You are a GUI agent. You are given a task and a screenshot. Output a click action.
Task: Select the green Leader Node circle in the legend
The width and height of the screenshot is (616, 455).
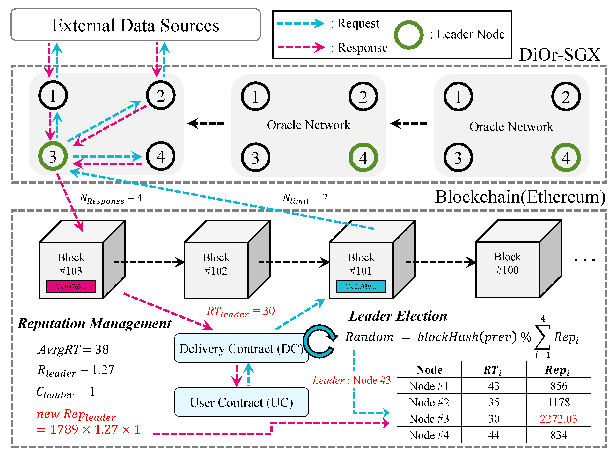408,35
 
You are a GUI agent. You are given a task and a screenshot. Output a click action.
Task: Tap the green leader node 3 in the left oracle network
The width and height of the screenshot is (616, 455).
53,156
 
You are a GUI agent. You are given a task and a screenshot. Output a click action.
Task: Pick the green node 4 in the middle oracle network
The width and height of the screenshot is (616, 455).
363,157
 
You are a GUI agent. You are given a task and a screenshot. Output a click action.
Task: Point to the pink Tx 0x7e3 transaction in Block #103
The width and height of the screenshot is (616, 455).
71,286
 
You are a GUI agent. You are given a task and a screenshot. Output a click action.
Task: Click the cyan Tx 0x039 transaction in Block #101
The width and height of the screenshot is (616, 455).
361,286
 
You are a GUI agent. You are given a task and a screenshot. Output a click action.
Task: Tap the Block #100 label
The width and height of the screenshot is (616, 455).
507,263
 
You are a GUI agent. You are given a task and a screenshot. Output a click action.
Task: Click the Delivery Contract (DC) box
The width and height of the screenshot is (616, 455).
241,348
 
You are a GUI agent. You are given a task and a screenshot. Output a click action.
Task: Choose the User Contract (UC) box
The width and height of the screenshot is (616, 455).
241,402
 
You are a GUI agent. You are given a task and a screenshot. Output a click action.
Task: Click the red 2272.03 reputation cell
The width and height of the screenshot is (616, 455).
559,419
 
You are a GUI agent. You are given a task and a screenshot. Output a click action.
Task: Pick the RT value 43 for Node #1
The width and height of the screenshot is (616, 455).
494,386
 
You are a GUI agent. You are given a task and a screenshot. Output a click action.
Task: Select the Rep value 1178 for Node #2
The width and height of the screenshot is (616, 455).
559,402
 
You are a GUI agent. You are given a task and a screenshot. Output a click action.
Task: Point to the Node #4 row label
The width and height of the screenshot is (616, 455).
429,435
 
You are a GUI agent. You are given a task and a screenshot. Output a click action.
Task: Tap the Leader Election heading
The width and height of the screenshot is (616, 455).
398,316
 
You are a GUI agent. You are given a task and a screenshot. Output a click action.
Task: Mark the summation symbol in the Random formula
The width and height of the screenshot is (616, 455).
542,337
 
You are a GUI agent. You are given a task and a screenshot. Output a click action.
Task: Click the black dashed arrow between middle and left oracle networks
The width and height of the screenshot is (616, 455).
206,123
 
